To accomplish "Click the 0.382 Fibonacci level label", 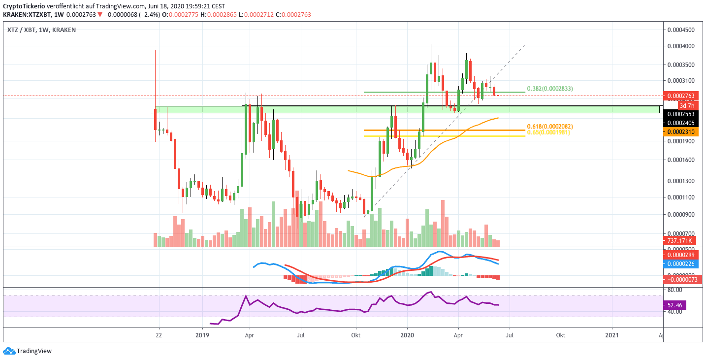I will [549, 89].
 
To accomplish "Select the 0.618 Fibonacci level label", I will [549, 127].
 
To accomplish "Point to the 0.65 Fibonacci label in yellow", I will [548, 132].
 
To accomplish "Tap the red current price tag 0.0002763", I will [679, 96].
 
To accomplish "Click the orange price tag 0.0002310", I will [679, 132].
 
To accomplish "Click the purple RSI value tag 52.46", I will [675, 305].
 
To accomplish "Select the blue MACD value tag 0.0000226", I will [679, 263].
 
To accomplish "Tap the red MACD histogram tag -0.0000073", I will [679, 279].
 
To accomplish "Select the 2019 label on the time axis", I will [202, 336].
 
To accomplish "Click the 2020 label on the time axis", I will [407, 336].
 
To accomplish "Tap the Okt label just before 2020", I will [356, 336].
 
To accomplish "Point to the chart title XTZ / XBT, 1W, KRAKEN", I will [41, 30].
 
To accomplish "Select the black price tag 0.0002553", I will [679, 113].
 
